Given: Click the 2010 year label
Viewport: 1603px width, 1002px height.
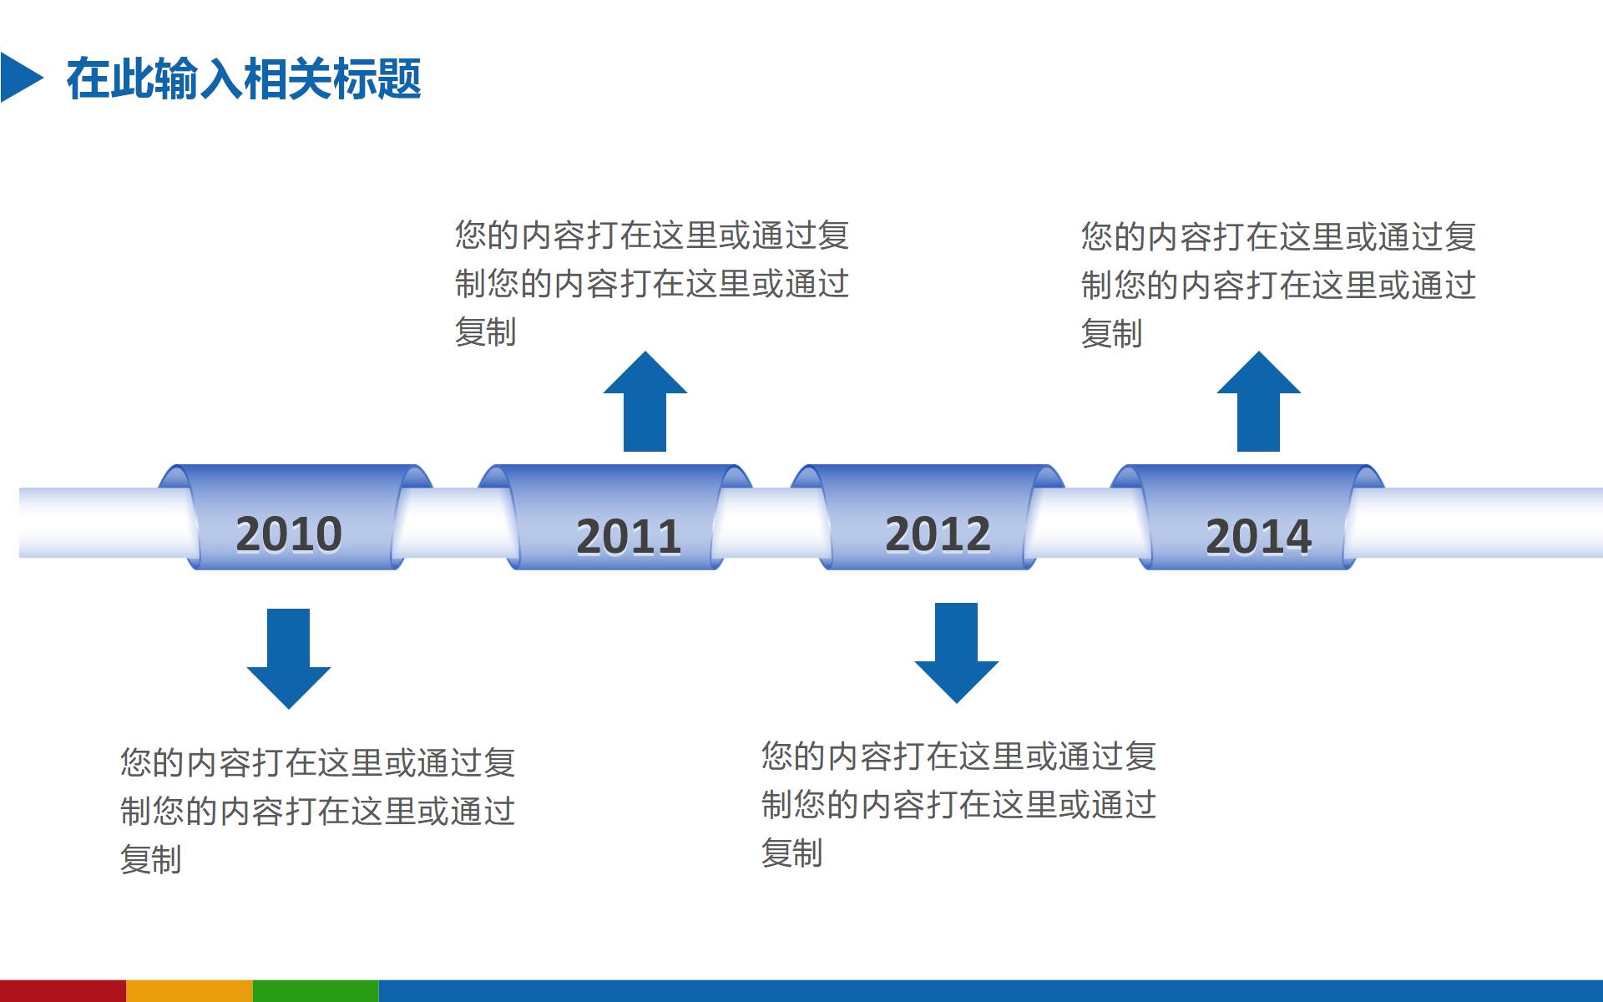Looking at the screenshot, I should pyautogui.click(x=289, y=534).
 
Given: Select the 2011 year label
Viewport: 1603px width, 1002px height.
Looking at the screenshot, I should pyautogui.click(x=629, y=536).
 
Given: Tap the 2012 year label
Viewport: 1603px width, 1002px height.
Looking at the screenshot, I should pyautogui.click(x=938, y=534).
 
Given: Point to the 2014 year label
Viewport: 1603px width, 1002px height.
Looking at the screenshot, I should pyautogui.click(x=1258, y=536).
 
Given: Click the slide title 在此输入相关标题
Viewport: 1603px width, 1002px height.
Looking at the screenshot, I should pyautogui.click(x=244, y=79).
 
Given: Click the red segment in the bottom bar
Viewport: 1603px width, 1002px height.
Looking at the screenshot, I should pyautogui.click(x=63, y=991).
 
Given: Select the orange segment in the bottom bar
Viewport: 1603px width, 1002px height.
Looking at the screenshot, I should pyautogui.click(x=190, y=991).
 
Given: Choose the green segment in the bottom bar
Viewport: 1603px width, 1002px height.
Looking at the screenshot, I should pyautogui.click(x=316, y=991).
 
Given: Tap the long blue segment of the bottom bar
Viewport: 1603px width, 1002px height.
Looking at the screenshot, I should pyautogui.click(x=990, y=991).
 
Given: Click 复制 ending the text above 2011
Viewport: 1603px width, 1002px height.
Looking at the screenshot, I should pyautogui.click(x=485, y=332).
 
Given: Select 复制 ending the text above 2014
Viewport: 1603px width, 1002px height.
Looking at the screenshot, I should pyautogui.click(x=1111, y=334).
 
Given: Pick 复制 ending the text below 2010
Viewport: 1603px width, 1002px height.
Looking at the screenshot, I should pyautogui.click(x=151, y=859).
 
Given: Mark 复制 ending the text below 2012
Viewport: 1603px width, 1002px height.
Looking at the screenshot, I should pyautogui.click(x=791, y=853).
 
